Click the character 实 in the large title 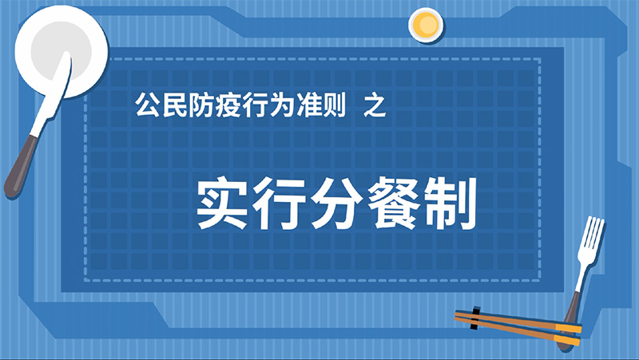222,203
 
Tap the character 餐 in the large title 393,203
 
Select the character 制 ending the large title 450,203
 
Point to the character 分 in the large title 336,203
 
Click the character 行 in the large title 280,203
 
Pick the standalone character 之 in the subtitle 375,105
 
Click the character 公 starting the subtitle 148,105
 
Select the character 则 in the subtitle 333,105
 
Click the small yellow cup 426,25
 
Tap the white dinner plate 62,53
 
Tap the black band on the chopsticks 474,318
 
